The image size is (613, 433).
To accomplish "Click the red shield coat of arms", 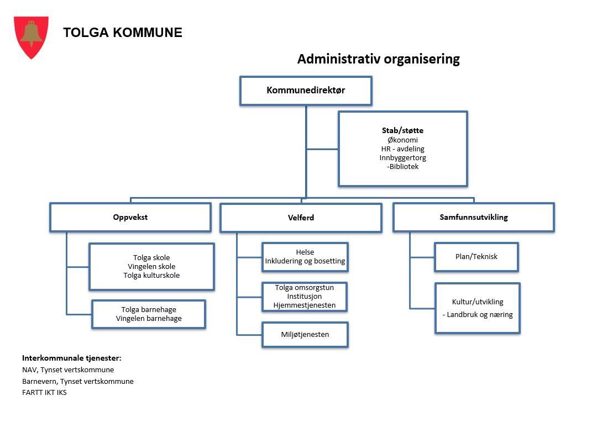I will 32,36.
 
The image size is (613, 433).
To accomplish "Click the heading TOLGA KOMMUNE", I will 122,33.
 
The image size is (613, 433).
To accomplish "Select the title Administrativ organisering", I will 378,59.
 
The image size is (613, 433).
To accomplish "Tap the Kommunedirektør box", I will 306,91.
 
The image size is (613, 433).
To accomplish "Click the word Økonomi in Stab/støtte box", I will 402,140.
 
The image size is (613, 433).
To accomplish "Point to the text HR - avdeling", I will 402,149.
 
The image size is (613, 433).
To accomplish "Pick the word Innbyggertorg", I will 402,157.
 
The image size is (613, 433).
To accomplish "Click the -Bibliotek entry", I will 402,166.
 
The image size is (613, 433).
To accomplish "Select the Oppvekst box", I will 130,217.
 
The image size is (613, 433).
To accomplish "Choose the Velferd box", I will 301,218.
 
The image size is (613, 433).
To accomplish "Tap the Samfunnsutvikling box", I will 474,217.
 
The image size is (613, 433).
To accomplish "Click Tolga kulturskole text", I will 151,275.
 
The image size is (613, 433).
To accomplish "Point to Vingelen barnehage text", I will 149,318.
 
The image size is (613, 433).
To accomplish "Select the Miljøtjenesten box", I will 305,334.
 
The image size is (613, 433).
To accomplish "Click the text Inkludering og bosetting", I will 305,261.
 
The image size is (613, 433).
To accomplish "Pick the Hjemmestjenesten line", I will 305,305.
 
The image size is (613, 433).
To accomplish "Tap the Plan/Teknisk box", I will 476,257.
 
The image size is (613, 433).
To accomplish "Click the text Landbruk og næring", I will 479,315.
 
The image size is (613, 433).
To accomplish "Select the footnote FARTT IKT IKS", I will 44,393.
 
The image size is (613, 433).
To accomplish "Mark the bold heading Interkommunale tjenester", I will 71,358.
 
